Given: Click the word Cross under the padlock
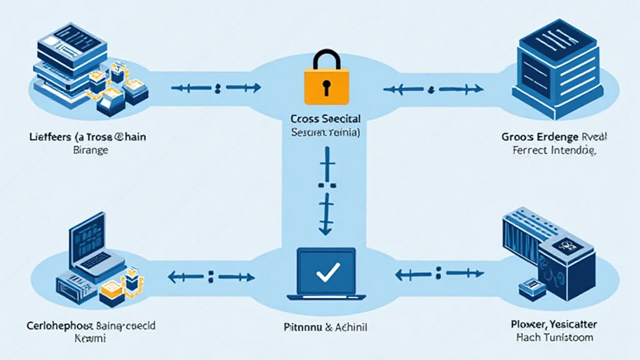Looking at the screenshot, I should pyautogui.click(x=304, y=118).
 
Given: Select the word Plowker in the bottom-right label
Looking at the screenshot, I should pyautogui.click(x=526, y=324).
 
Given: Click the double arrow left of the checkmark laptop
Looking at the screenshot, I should pyautogui.click(x=211, y=275).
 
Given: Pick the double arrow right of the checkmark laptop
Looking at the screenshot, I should pyautogui.click(x=440, y=274).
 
